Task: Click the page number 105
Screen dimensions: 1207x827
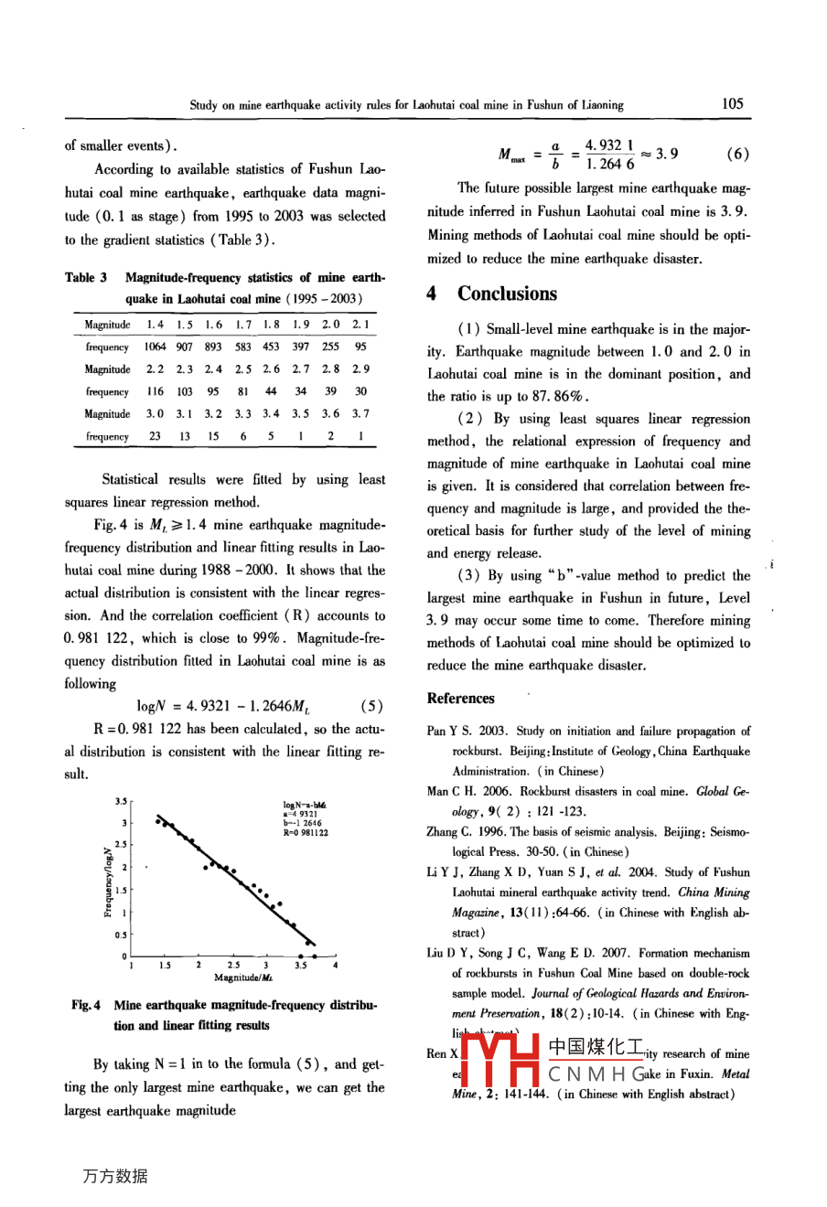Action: point(732,104)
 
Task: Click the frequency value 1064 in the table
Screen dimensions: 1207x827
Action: point(155,347)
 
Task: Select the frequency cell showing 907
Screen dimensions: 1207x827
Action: point(185,347)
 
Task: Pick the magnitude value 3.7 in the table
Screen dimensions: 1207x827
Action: point(360,414)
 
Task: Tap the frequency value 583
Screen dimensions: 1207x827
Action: point(242,347)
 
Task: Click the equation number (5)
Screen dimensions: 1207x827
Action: point(371,706)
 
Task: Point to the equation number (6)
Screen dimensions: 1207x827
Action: point(737,154)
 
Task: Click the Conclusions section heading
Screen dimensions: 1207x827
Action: point(507,294)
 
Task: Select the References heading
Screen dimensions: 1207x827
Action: point(461,699)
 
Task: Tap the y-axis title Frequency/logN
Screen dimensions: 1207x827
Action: point(108,879)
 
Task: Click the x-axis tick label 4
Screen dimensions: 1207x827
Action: point(336,965)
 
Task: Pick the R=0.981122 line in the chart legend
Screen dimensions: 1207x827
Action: point(306,833)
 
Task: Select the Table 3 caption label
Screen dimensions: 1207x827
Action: point(86,277)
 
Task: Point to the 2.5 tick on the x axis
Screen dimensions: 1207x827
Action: point(233,965)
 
